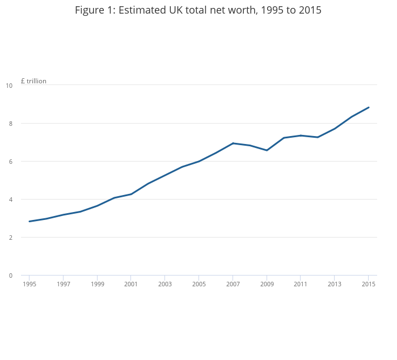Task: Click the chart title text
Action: click(198, 10)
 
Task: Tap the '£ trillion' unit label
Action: click(33, 81)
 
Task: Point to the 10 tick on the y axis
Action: click(9, 86)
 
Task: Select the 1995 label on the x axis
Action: click(29, 284)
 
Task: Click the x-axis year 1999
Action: click(97, 284)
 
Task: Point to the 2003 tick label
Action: click(165, 284)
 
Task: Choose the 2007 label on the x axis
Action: click(233, 284)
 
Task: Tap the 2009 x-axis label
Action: click(267, 284)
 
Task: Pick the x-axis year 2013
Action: click(335, 284)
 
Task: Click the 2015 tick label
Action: click(369, 284)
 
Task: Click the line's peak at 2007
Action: click(233, 143)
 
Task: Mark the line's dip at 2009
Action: click(267, 150)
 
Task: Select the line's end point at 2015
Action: click(369, 107)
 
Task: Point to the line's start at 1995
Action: click(29, 221)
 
